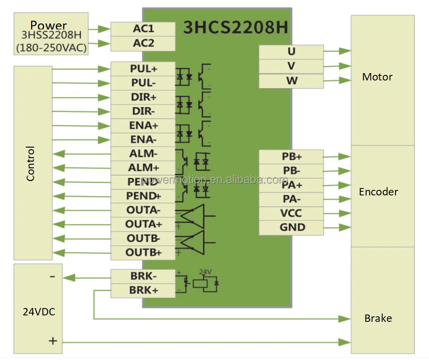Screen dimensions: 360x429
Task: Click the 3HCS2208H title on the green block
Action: point(235,28)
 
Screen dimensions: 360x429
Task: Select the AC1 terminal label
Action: point(143,29)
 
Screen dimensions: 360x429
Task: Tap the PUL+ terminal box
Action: point(143,69)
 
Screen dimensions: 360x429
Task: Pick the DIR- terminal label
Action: point(143,112)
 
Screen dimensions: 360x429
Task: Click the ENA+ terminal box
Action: point(143,126)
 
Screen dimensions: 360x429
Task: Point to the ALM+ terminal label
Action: point(143,168)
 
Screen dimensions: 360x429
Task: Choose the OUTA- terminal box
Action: point(143,210)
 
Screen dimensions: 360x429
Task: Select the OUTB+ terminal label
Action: point(143,252)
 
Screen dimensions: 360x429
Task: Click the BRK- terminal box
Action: point(143,277)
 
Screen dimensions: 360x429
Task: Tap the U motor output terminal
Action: point(291,52)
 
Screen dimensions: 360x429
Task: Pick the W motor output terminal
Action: point(291,81)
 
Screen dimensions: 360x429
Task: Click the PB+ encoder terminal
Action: point(291,157)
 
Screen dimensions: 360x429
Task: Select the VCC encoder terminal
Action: point(291,213)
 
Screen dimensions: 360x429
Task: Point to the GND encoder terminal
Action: point(291,228)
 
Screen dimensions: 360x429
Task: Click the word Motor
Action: point(377,77)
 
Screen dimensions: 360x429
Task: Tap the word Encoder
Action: point(378,192)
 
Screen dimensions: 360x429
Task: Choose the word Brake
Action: point(378,318)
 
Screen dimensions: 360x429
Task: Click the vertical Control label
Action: point(30,163)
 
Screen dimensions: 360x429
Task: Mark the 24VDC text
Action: point(39,312)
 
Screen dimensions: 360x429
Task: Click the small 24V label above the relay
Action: point(205,272)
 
